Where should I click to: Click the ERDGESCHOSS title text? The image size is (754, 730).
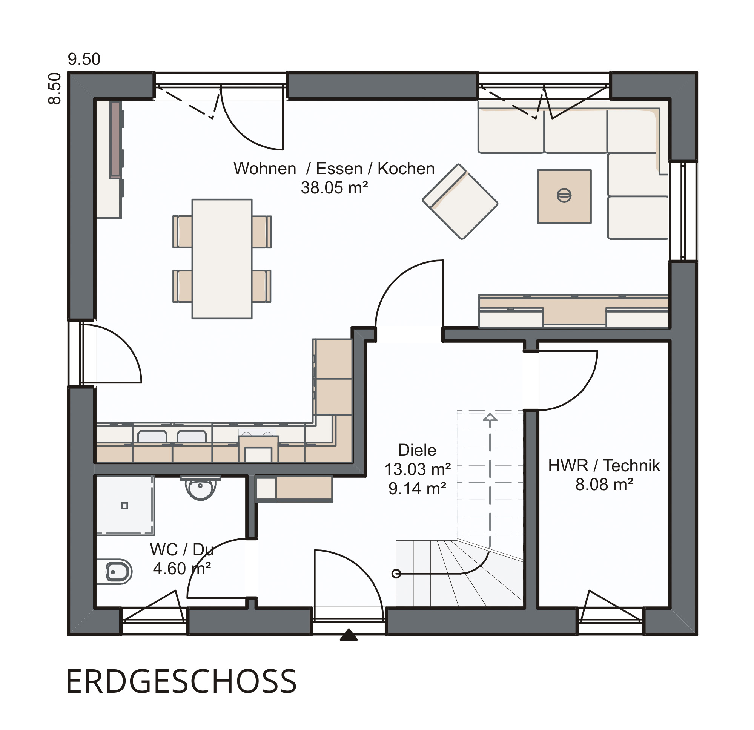click(x=181, y=681)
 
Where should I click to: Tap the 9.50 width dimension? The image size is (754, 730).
click(x=84, y=59)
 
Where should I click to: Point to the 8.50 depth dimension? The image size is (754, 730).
click(x=55, y=89)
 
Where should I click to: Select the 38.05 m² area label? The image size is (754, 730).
click(x=334, y=188)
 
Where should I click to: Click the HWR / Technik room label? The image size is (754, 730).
click(x=604, y=466)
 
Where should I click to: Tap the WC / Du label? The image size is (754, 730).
click(x=181, y=550)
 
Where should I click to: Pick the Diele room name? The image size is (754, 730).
click(x=417, y=450)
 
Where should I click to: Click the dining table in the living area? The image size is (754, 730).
click(x=222, y=259)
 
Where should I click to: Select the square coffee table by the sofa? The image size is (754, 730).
click(x=564, y=196)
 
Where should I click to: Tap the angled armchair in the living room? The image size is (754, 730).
click(x=460, y=201)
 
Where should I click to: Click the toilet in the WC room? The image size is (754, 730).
click(x=115, y=572)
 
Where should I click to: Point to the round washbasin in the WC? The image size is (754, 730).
click(x=200, y=488)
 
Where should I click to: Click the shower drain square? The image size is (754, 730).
click(x=124, y=505)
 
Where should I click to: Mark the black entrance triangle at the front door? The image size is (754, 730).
click(x=349, y=634)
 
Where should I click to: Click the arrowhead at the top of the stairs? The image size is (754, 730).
click(x=490, y=417)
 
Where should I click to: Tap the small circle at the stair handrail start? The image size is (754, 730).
click(x=396, y=574)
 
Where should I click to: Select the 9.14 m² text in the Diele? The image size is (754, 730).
click(x=417, y=488)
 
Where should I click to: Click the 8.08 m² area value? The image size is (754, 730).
click(x=604, y=485)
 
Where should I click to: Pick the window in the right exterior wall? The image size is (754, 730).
click(x=683, y=211)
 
